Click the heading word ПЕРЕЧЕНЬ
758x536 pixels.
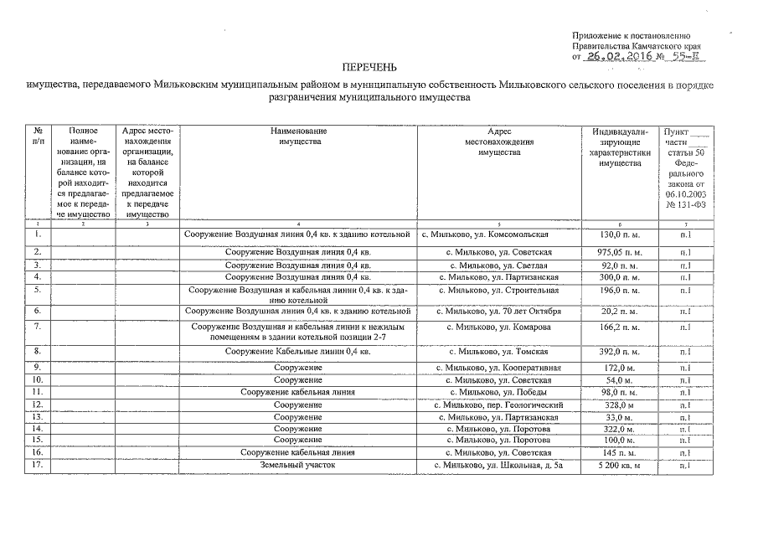369,67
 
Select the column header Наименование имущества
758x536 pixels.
298,137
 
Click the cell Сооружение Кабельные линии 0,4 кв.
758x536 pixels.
298,351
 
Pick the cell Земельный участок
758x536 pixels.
298,465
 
